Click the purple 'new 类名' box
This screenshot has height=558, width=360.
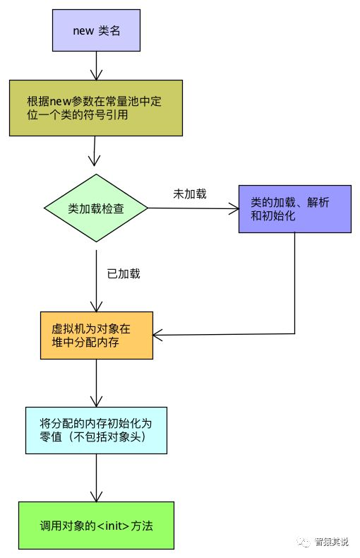pos(96,30)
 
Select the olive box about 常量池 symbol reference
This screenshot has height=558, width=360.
pos(96,108)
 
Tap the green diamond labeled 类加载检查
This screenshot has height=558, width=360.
pos(96,208)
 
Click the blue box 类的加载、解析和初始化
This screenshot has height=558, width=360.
pos(294,209)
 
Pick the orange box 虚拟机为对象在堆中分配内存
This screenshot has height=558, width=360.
pos(97,336)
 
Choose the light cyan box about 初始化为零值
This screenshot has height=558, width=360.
pos(96,430)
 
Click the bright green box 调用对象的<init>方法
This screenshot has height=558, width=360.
pos(96,526)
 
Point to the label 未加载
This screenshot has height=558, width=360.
pos(190,194)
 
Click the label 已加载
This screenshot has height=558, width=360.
pos(124,273)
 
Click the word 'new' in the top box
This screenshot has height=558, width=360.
pos(83,31)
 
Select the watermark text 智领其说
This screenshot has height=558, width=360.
pos(331,542)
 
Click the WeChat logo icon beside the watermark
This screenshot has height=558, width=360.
pos(304,542)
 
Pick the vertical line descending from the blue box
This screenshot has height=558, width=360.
pos(295,283)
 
